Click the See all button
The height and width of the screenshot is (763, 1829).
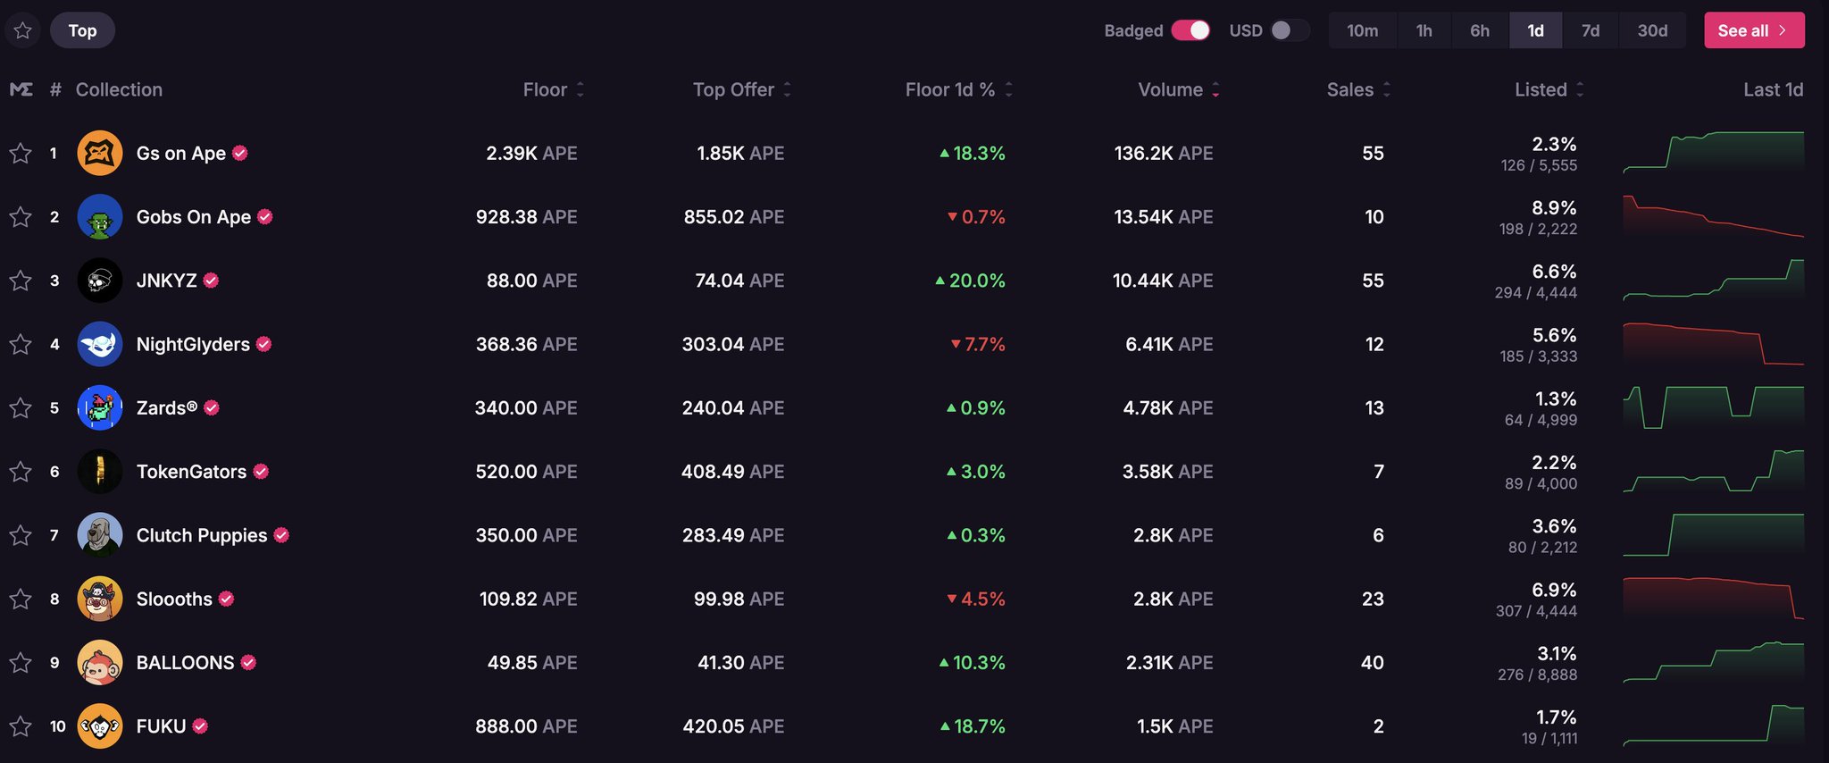[1753, 30]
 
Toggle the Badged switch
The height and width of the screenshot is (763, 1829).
[1190, 30]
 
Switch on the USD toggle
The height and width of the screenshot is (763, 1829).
[1289, 30]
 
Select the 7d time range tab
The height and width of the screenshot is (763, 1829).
[1590, 30]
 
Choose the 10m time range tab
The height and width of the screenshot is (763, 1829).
[1362, 30]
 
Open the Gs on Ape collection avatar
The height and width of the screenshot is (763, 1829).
[100, 154]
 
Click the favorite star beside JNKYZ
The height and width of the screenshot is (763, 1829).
[21, 281]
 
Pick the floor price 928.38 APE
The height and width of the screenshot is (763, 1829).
[526, 217]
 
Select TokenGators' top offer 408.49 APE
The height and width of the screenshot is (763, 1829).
[732, 472]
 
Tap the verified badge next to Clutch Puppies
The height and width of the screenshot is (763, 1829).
[281, 535]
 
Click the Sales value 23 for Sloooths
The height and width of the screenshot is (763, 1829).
[1373, 599]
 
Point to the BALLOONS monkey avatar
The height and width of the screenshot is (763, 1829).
[100, 663]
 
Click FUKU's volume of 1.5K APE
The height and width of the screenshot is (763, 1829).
[1174, 726]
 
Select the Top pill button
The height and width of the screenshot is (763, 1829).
[82, 30]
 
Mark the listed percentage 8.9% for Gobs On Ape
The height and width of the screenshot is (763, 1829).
[1554, 208]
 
